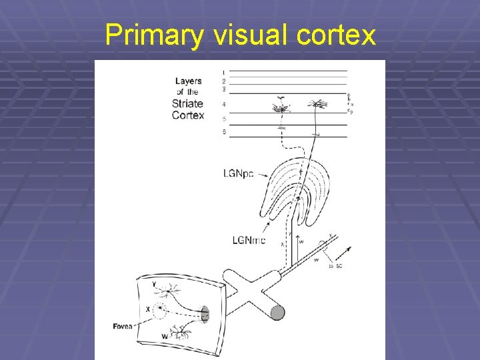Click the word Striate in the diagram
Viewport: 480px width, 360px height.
188,103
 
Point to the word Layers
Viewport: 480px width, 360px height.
189,81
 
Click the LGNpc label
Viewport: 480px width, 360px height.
238,174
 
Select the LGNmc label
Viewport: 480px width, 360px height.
249,240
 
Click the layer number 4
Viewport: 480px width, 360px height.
224,105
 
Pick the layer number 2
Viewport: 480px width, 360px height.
224,81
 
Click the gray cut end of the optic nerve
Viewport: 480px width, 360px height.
277,312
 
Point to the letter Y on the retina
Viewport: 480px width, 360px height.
155,285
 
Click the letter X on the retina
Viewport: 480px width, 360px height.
147,310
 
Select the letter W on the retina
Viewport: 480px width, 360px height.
165,337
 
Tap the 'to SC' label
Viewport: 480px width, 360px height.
336,266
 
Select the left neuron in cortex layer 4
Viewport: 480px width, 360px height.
281,107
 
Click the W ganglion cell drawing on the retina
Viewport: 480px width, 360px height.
181,332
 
